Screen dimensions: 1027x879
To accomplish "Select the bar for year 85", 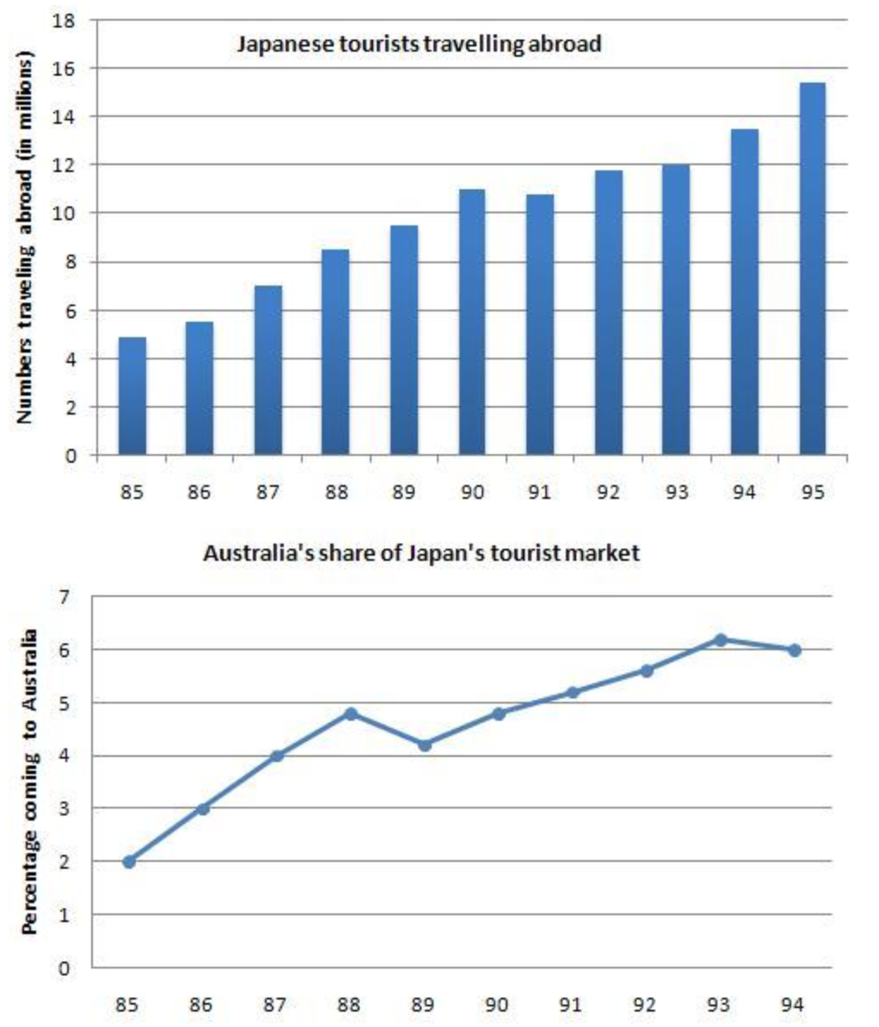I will coord(132,396).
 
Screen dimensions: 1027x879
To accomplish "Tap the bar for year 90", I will coord(472,322).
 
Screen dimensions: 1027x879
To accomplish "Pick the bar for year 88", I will coord(335,352).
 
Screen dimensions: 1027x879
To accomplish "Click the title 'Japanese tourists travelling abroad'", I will coord(419,44).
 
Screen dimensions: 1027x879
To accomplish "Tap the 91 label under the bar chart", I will coord(540,494).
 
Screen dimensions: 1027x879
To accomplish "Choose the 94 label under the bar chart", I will coord(745,494).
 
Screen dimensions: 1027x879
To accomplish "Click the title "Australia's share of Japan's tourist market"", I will coord(421,553).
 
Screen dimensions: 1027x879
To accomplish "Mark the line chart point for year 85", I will coord(129,861).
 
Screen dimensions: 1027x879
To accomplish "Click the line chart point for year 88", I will coord(351,713).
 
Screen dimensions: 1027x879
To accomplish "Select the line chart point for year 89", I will coord(425,745).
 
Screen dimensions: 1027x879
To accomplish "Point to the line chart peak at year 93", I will coord(721,639).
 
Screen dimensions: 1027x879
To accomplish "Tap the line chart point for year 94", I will coord(795,650).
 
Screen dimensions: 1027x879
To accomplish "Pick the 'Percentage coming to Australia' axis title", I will coord(28,782).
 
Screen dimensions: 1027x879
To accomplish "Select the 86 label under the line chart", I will coord(203,1004).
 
